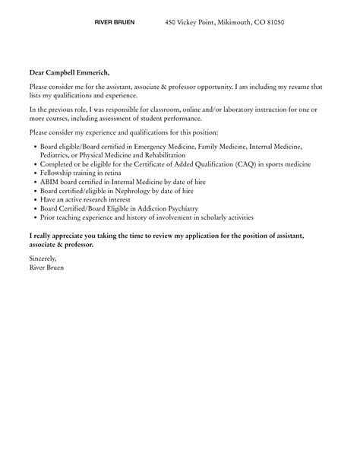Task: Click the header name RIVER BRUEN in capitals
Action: tap(115, 23)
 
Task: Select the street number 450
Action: tap(171, 24)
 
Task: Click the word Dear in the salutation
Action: tap(37, 72)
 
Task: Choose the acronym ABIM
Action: tap(49, 181)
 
